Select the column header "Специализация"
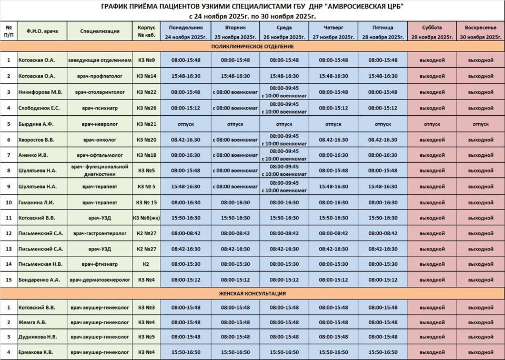coord(100,31)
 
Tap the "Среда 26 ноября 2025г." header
coord(284,32)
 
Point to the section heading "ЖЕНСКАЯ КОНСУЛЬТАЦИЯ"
coord(252,294)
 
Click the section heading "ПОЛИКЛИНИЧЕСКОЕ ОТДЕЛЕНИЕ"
coord(252,47)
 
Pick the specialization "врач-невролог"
coord(100,124)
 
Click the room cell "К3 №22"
coord(146,92)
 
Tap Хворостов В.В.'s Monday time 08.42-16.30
coord(186,140)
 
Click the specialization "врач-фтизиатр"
coord(100,264)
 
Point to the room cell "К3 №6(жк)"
coord(146,217)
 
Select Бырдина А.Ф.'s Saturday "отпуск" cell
coord(431,124)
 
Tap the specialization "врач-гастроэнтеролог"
coord(100,233)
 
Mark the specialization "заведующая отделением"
coord(100,60)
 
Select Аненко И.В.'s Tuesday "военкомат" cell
coord(235,155)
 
